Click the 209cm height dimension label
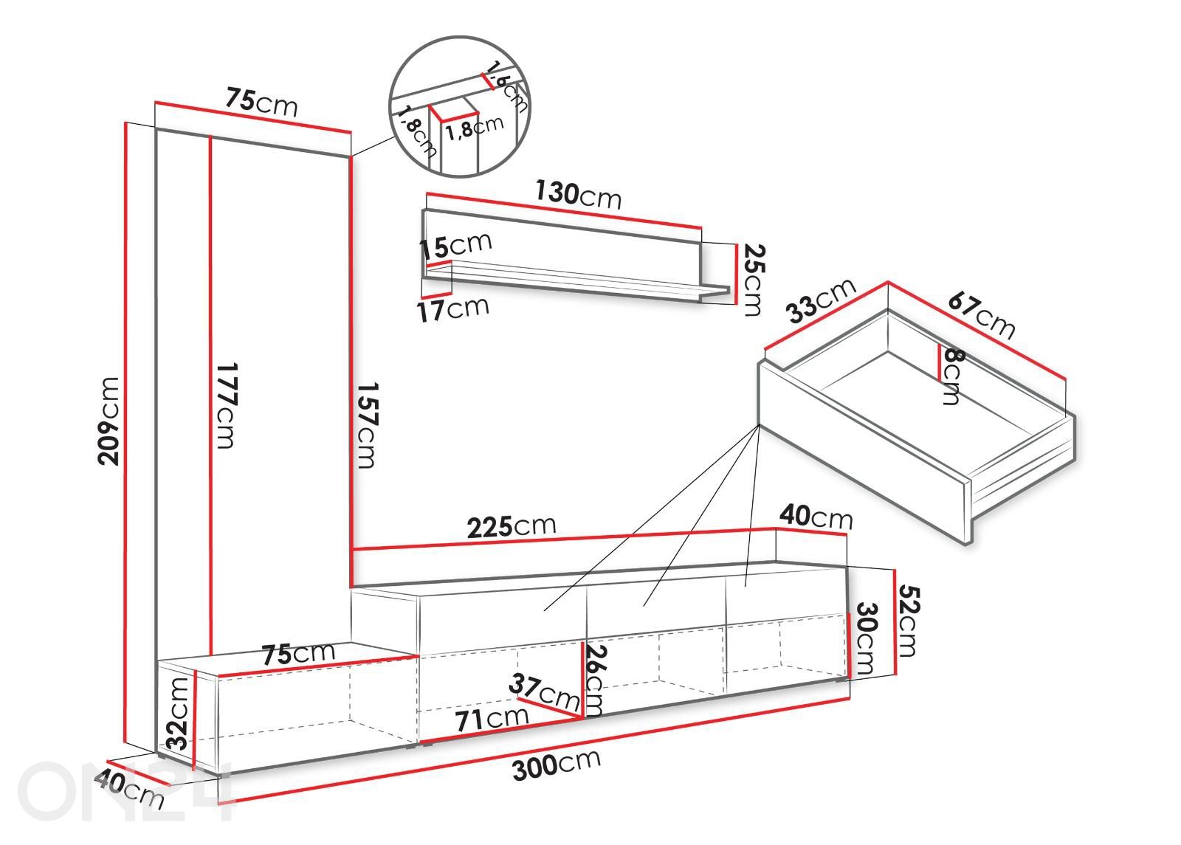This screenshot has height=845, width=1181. pyautogui.click(x=109, y=421)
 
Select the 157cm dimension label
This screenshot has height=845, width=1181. pyautogui.click(x=368, y=425)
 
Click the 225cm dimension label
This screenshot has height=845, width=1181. pyautogui.click(x=512, y=527)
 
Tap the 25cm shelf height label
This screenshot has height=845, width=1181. pyautogui.click(x=752, y=280)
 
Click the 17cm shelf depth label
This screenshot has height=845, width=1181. pyautogui.click(x=453, y=309)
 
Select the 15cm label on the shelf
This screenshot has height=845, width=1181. pyautogui.click(x=455, y=246)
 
